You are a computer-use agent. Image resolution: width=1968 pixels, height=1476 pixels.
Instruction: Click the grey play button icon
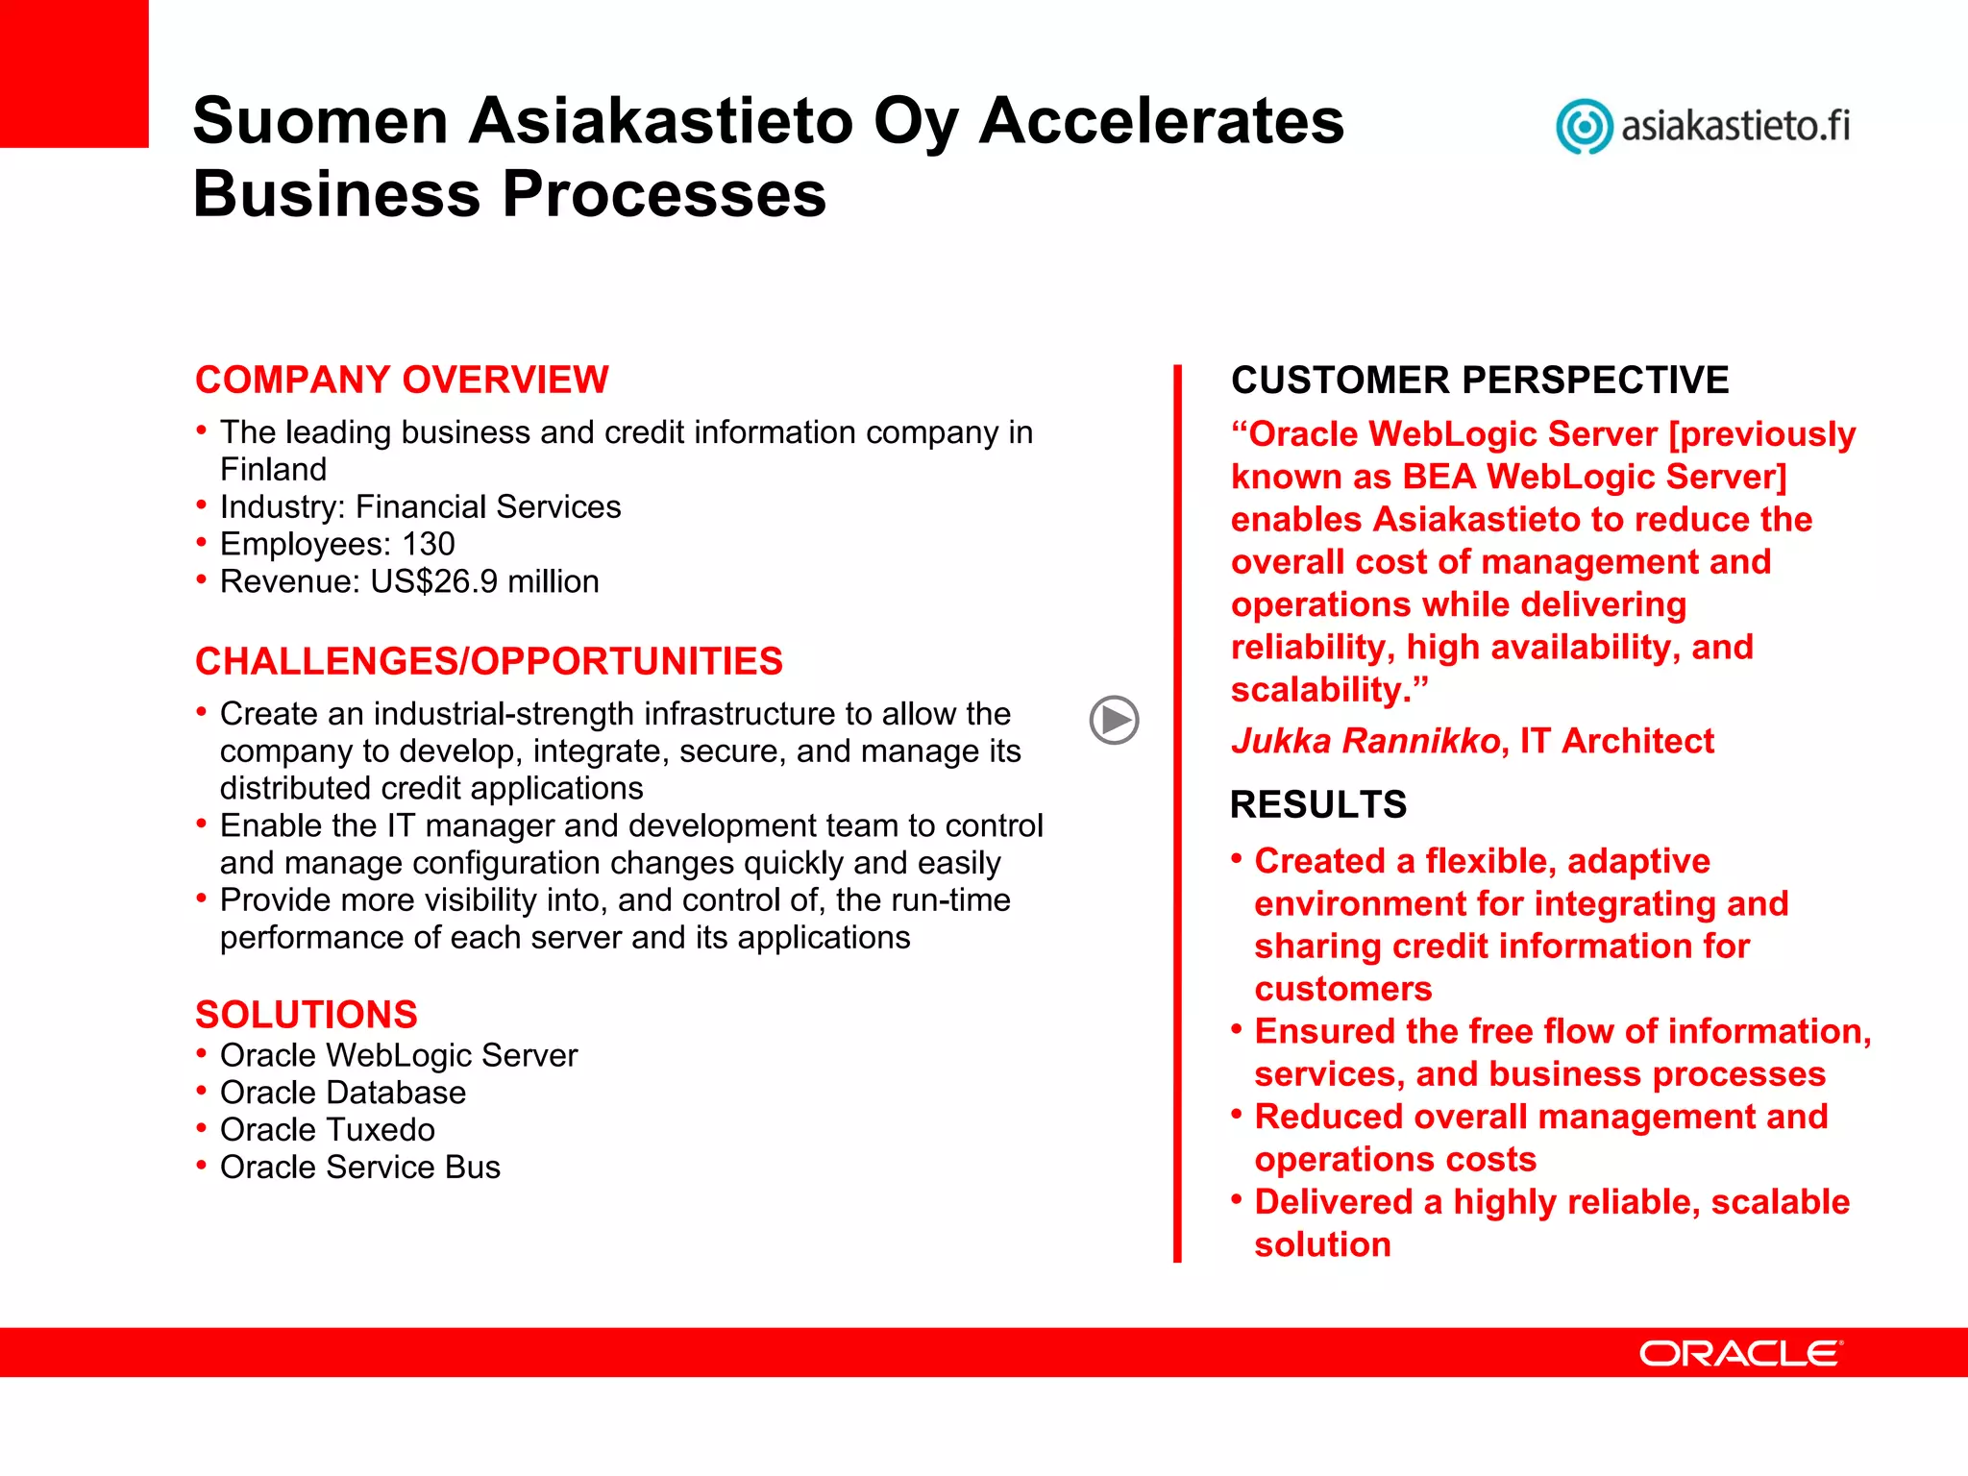pos(1114,720)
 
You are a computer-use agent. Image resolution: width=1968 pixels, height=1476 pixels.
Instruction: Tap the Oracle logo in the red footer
pos(1740,1353)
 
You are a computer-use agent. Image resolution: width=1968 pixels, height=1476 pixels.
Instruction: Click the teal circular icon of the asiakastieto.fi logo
pos(1583,126)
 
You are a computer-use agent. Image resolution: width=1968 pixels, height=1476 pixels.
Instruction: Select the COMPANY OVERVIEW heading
pos(402,380)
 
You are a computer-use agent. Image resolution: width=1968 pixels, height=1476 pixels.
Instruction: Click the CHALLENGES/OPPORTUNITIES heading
pos(488,661)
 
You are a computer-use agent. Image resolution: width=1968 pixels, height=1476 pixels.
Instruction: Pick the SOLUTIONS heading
pos(306,1015)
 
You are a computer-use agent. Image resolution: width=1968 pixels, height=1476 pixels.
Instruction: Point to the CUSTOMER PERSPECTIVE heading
pos(1479,380)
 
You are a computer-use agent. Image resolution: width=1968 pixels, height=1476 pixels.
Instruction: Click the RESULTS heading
pos(1317,804)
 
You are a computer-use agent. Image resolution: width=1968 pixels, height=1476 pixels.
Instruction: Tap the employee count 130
pos(428,544)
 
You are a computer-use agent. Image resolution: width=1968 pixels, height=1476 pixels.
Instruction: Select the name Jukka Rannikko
pos(1365,741)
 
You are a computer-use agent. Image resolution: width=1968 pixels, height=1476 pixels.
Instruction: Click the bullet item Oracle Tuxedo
pos(327,1130)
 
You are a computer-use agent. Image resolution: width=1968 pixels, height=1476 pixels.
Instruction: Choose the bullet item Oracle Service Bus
pos(359,1167)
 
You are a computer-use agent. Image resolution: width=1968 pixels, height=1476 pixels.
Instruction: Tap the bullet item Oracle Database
pos(342,1093)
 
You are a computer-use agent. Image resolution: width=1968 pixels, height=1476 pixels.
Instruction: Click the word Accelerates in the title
pos(1161,121)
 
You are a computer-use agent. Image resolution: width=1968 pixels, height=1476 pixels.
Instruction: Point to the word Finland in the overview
pos(273,469)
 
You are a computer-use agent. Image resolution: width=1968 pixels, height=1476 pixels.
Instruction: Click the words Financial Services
pos(488,506)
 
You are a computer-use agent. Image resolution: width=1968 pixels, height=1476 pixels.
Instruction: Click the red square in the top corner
pos(74,73)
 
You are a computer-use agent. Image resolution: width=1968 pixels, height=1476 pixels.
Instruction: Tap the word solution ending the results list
pos(1322,1244)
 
